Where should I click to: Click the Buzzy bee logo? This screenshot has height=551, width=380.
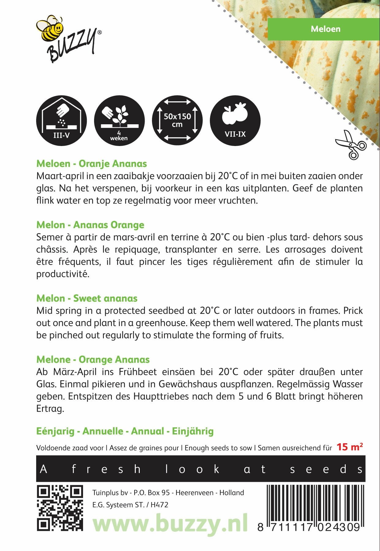pos(68,38)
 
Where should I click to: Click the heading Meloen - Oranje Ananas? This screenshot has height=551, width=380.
pos(92,164)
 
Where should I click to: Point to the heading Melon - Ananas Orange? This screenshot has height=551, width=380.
pos(90,225)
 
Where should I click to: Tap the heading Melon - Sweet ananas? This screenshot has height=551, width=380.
pos(87,298)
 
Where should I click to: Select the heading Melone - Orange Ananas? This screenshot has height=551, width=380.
pos(93,360)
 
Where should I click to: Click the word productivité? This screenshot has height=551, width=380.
pos(63,274)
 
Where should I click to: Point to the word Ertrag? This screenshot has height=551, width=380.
pos(50,409)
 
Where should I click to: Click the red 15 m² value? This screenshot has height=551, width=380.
pos(350,447)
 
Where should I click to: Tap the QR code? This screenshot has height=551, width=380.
pos(60,508)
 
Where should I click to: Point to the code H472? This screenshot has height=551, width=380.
pos(159,505)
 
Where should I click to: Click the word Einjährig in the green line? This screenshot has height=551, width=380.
pos(193,431)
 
